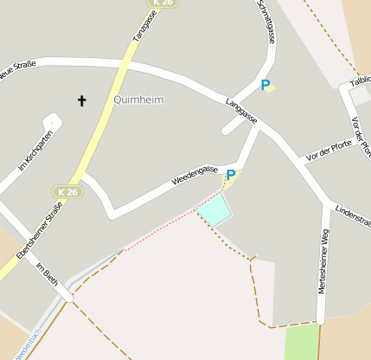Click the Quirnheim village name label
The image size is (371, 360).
click(x=138, y=100)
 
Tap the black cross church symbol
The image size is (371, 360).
click(x=82, y=101)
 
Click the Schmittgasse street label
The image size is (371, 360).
click(x=265, y=22)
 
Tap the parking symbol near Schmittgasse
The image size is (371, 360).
click(x=265, y=85)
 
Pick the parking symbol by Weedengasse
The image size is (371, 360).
click(x=230, y=176)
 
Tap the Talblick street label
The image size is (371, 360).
click(x=359, y=83)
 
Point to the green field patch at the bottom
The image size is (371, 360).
click(x=301, y=343)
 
